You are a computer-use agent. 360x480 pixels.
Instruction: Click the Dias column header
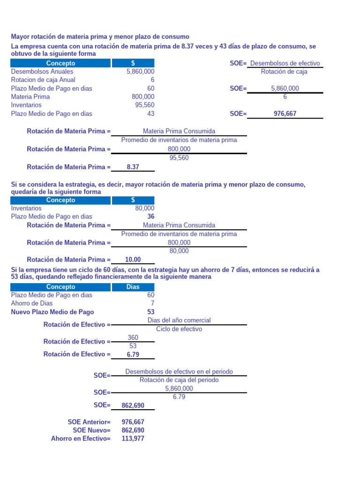pyautogui.click(x=133, y=287)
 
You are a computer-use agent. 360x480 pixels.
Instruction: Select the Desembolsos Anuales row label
pyautogui.click(x=42, y=72)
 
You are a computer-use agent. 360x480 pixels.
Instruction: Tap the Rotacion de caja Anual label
pyautogui.click(x=43, y=80)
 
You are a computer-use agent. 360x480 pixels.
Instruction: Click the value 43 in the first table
pyautogui.click(x=150, y=114)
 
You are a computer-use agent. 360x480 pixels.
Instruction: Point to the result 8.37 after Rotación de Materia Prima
pyautogui.click(x=133, y=167)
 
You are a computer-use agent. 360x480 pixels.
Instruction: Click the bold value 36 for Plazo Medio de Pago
pyautogui.click(x=150, y=217)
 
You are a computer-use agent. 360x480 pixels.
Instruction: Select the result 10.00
pyautogui.click(x=133, y=260)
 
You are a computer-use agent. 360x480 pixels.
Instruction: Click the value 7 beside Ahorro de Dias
pyautogui.click(x=152, y=304)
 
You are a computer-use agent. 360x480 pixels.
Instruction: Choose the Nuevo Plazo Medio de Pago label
pyautogui.click(x=52, y=312)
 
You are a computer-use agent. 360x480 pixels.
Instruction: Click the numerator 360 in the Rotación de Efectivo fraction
pyautogui.click(x=133, y=338)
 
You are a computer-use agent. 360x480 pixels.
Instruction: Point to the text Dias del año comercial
pyautogui.click(x=179, y=320)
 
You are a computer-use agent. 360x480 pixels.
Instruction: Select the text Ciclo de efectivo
pyautogui.click(x=179, y=329)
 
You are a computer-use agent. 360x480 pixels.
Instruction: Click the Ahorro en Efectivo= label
pyautogui.click(x=81, y=439)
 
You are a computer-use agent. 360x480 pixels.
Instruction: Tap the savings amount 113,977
pyautogui.click(x=133, y=439)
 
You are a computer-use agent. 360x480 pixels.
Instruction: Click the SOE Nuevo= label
pyautogui.click(x=91, y=430)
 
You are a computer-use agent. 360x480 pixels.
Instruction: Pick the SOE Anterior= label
pyautogui.click(x=89, y=422)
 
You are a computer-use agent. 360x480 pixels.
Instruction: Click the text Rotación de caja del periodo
pyautogui.click(x=179, y=380)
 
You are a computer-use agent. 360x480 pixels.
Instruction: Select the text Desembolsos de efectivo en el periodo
pyautogui.click(x=179, y=372)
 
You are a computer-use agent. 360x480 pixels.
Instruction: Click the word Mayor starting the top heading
pyautogui.click(x=20, y=37)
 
